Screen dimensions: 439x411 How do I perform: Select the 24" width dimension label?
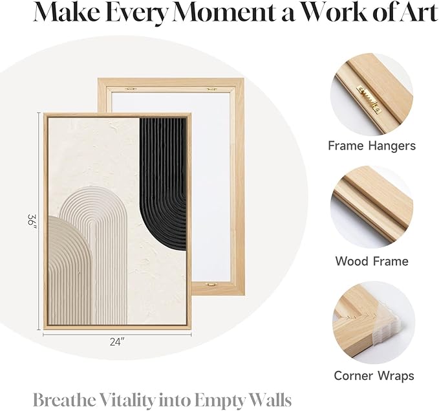tap(117, 342)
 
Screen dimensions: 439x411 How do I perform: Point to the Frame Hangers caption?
tap(372, 146)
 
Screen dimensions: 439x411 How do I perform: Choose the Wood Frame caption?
tap(372, 261)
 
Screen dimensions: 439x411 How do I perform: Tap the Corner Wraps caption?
tap(374, 375)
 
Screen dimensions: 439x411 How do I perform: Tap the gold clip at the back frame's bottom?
tap(211, 284)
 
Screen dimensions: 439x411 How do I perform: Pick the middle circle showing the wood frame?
tap(372, 207)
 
